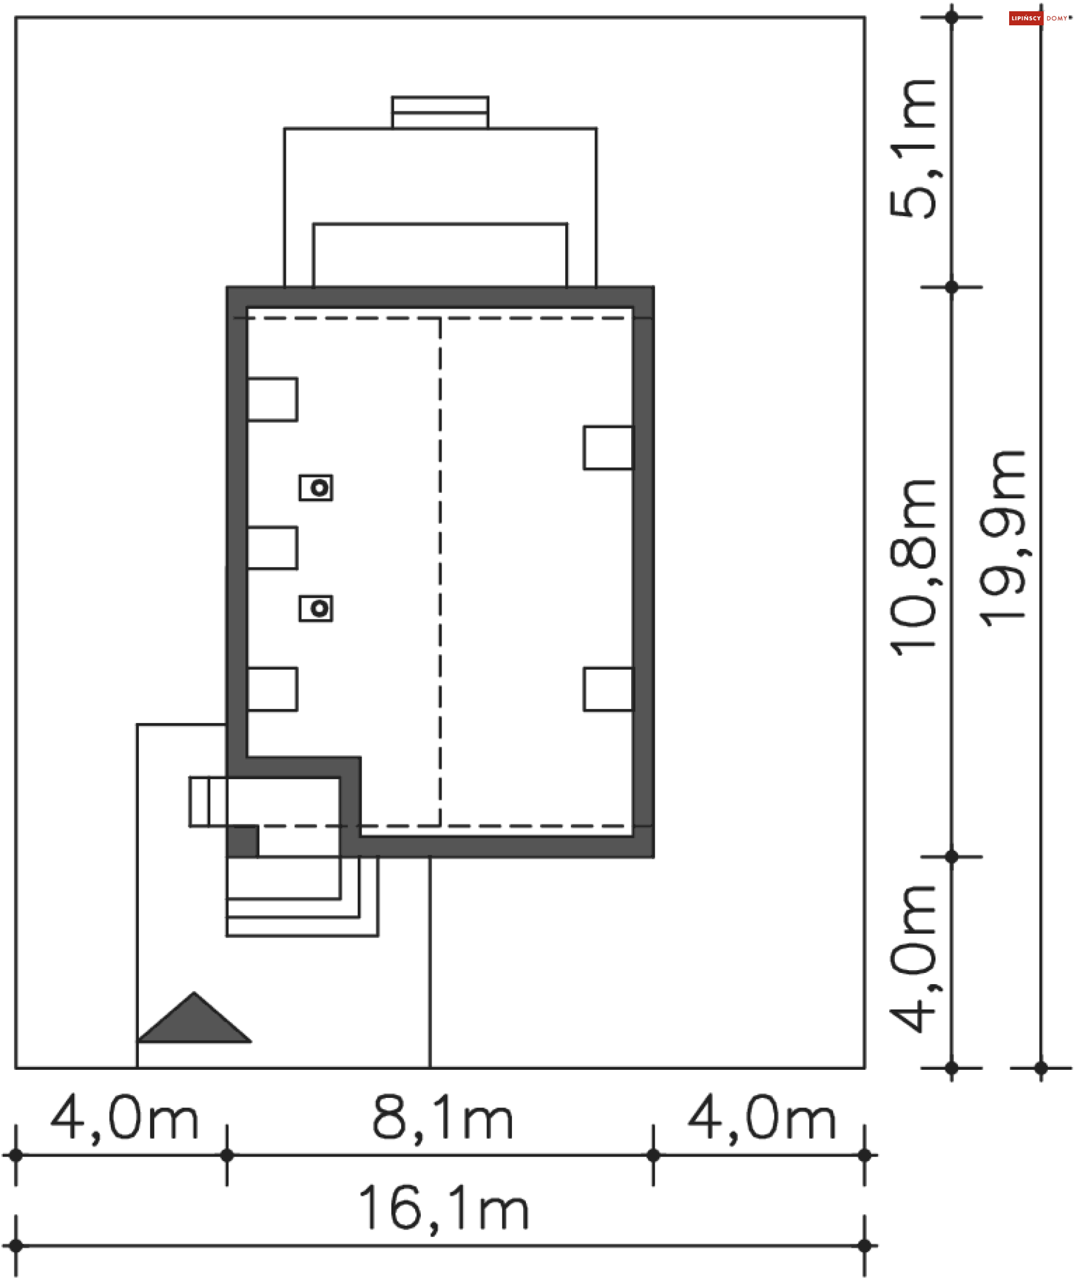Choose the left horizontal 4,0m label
point(124,1119)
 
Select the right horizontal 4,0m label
point(762,1119)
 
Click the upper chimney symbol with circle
point(316,488)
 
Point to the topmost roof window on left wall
point(272,399)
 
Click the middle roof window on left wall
point(272,548)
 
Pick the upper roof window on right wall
point(608,448)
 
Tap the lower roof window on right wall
point(608,690)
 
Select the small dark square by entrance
point(243,841)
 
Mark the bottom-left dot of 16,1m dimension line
point(16,1246)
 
